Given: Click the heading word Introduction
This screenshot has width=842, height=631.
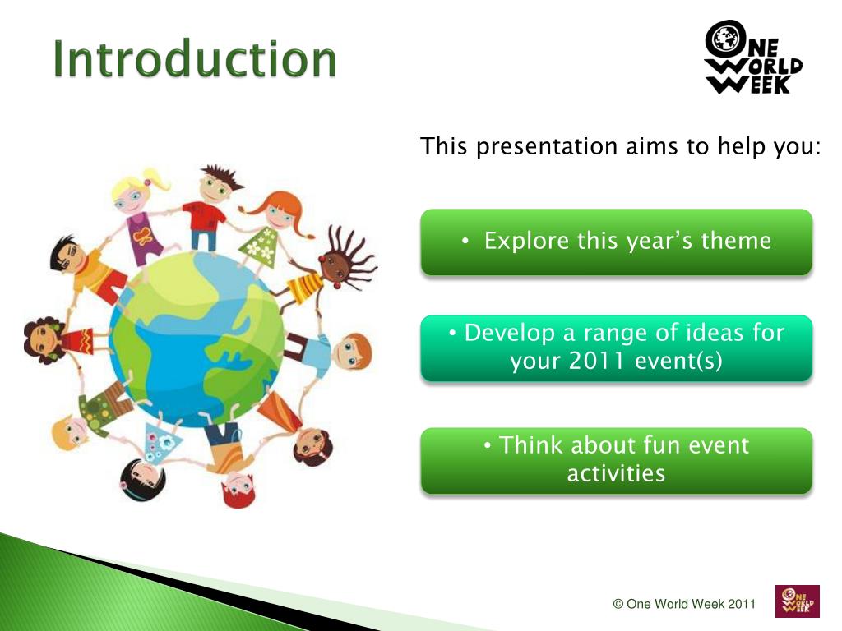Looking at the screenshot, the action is pos(194,59).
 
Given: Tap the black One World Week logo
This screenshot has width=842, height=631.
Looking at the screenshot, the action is pos(752,58).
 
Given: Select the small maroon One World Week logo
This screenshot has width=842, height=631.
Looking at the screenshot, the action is pos(798,601).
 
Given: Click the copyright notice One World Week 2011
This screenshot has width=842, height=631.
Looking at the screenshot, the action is pos(684,604).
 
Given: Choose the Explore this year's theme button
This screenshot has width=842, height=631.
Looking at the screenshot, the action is pos(617,242).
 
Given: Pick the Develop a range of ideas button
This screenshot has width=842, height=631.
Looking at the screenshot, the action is pos(617,348).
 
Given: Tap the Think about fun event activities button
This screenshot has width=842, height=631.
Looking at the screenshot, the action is pos(617,460).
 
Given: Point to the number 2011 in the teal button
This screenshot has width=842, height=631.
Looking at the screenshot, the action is pos(597,361).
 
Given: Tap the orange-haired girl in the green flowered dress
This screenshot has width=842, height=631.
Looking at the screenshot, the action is pos(269,231).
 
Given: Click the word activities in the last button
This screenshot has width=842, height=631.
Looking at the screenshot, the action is pos(616,474).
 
